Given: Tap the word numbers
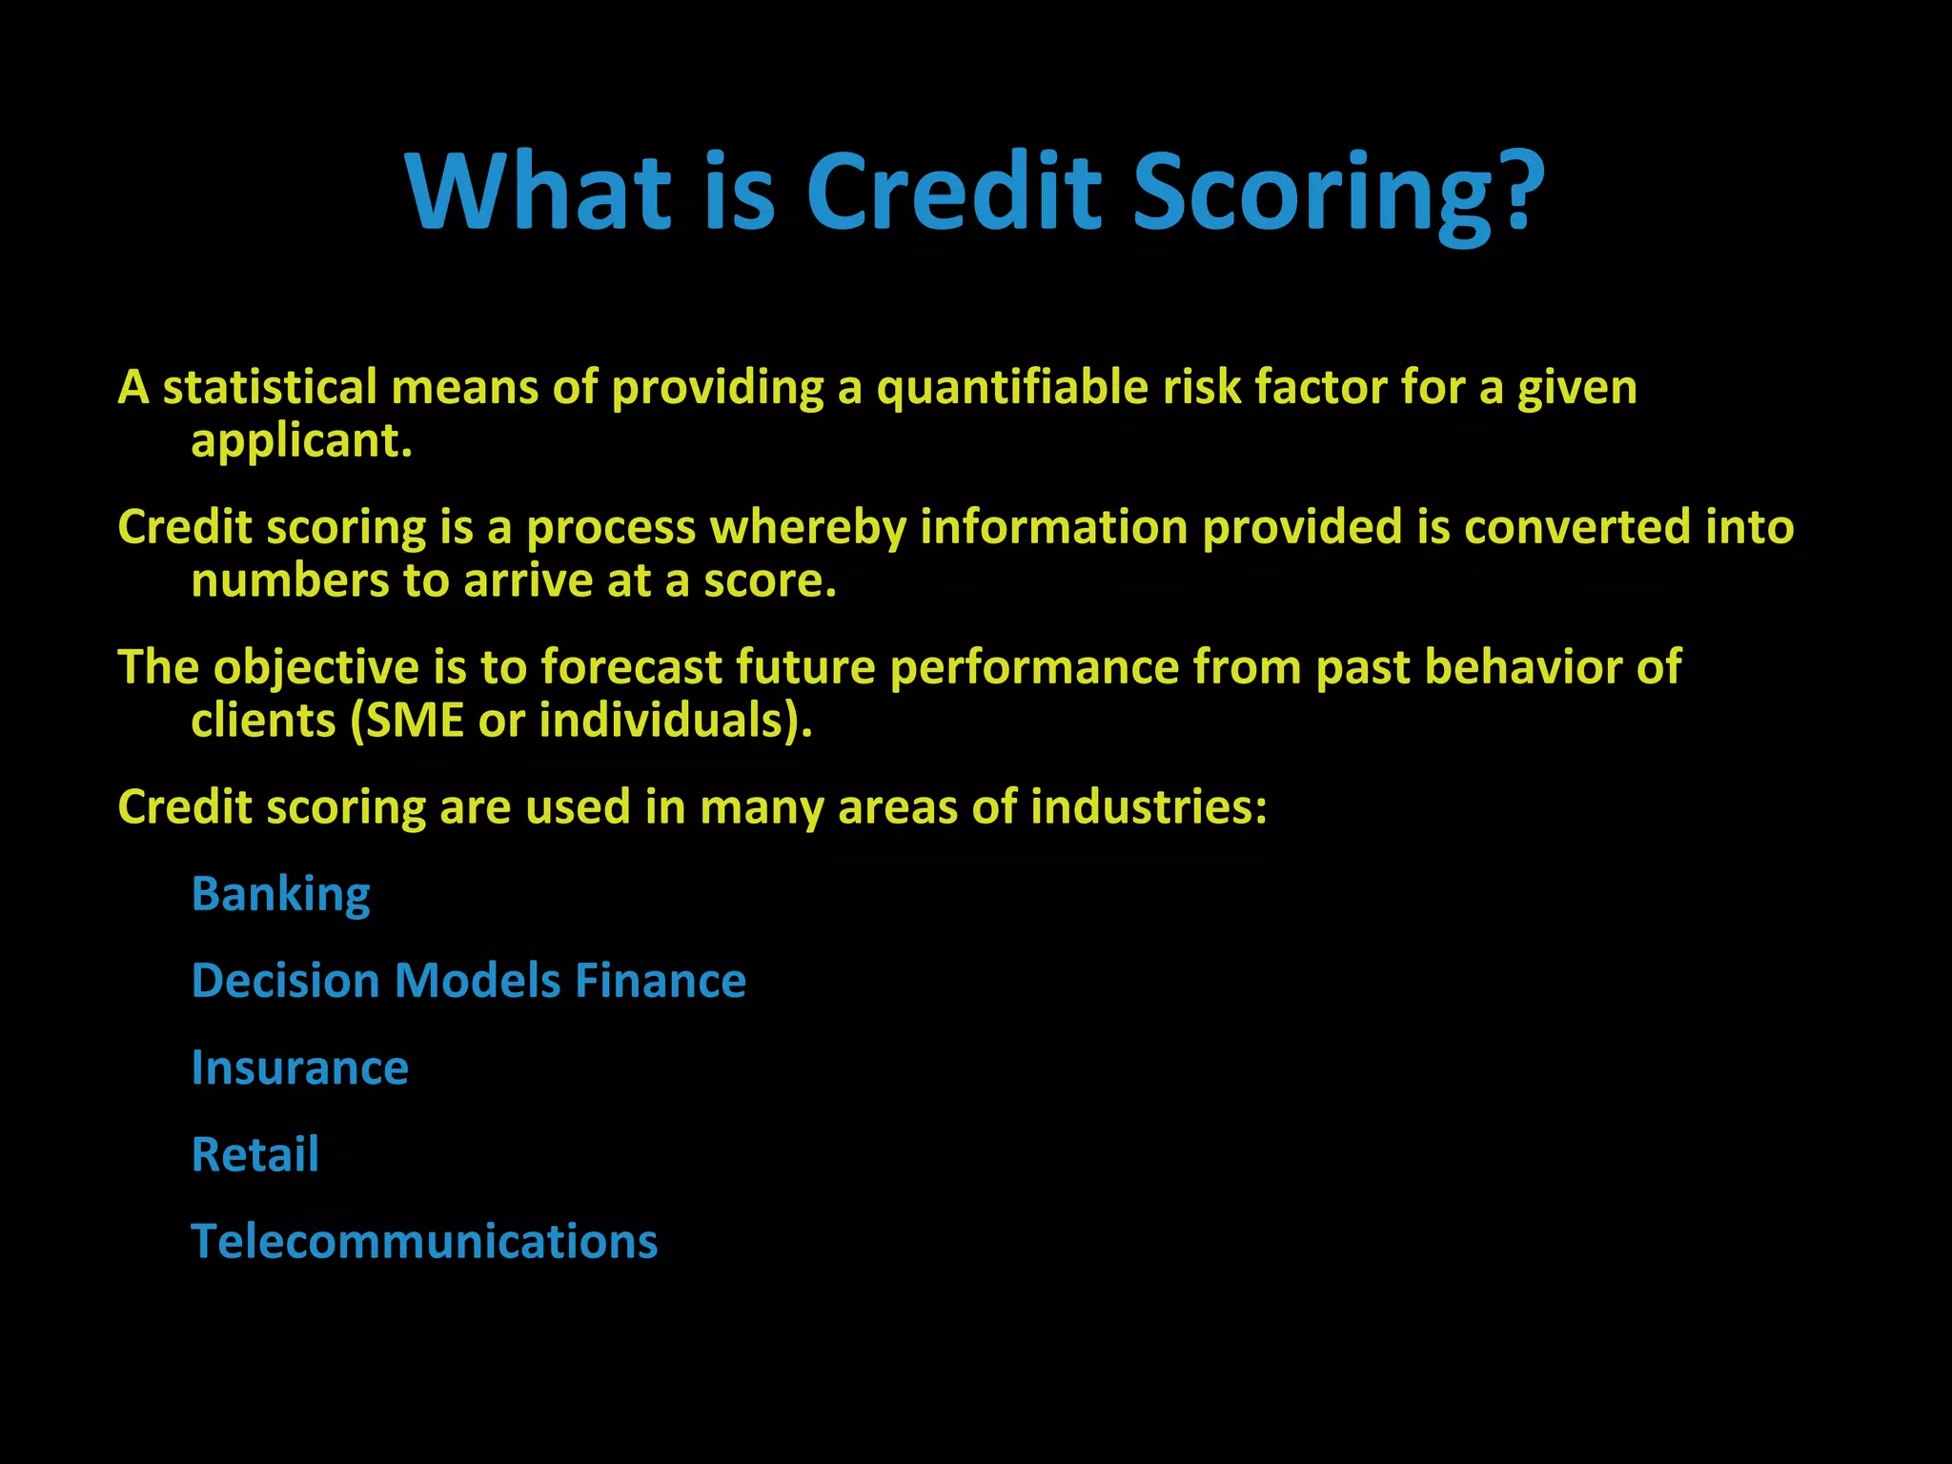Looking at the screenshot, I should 289,580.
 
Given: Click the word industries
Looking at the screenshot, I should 1148,807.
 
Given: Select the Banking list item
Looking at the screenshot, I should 280,895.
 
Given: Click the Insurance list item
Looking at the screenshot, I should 299,1067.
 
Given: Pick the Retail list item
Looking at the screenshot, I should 254,1154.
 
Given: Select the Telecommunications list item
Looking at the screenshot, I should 424,1242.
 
